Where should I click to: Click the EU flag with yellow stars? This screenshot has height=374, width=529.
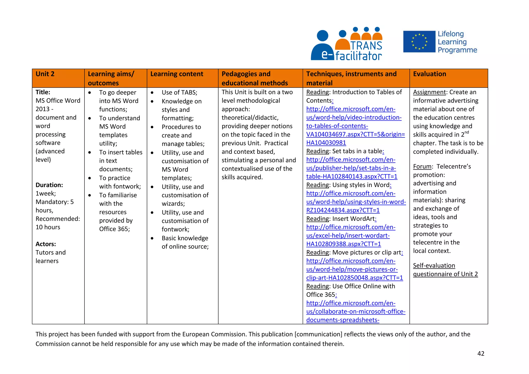pos(419,42)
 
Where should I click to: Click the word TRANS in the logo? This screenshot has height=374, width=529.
pos(366,45)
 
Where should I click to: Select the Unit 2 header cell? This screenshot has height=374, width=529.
pos(45,74)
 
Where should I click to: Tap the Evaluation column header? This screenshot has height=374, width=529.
pos(429,74)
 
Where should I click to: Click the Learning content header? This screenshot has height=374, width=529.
pos(177,74)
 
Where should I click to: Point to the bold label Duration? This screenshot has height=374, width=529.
pos(49,185)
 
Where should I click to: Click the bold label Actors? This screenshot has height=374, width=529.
pos(46,244)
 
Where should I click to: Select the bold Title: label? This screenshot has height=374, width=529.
pos(43,92)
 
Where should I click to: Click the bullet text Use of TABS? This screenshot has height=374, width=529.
pos(179,92)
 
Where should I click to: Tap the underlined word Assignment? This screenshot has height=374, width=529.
pos(429,92)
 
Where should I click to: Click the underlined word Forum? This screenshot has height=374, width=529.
pos(422,167)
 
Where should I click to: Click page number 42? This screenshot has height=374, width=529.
pos(481,354)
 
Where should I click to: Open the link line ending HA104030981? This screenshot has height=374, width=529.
pos(326,143)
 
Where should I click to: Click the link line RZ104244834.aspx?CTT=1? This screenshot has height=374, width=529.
pos(343,210)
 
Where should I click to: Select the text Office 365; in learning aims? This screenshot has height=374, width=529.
pos(114,229)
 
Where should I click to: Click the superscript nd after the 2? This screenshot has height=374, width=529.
pos(466,132)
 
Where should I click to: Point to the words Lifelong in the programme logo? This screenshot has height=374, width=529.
pos(451,34)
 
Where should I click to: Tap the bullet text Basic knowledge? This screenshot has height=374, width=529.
pos(185,238)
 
